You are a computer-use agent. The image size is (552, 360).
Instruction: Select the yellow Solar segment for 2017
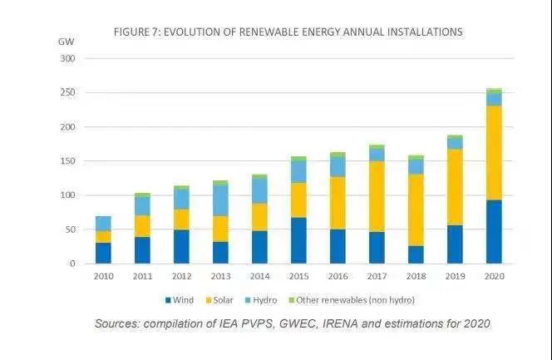(x=377, y=196)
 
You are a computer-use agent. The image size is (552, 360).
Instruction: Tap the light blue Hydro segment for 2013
(x=220, y=200)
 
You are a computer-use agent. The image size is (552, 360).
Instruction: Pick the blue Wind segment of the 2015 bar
(x=298, y=240)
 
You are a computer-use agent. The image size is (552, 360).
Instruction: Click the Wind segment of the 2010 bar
(x=103, y=253)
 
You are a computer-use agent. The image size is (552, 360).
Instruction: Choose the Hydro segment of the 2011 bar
(x=142, y=205)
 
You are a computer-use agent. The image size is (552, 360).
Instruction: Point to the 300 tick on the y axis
(x=67, y=59)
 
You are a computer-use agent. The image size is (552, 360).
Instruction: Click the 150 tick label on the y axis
(x=67, y=161)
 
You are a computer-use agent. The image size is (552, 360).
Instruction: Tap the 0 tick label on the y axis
(x=72, y=264)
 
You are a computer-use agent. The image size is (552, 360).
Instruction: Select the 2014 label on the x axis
(x=259, y=275)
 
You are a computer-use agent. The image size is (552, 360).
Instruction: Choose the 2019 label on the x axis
(x=455, y=275)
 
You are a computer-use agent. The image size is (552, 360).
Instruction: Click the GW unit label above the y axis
(x=67, y=41)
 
